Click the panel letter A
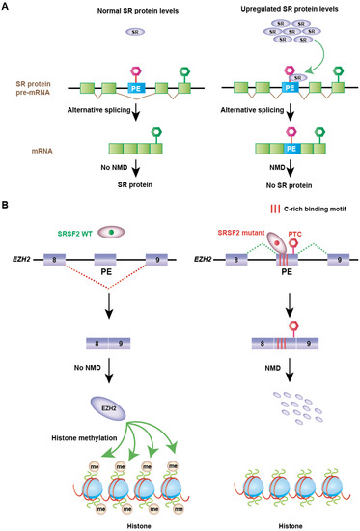coord(7,7)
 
